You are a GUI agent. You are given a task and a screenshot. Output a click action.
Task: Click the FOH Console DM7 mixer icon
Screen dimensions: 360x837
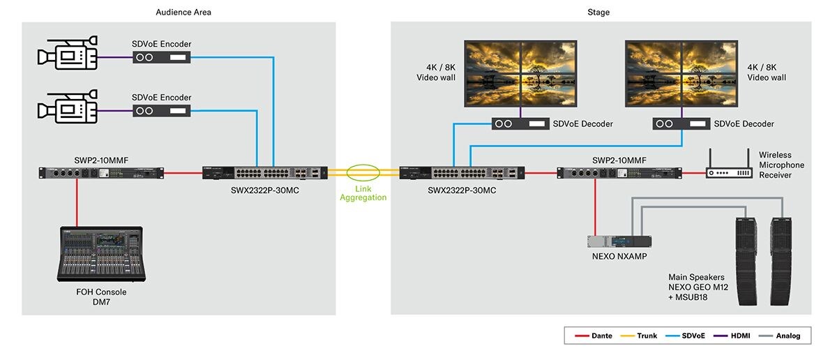(102, 254)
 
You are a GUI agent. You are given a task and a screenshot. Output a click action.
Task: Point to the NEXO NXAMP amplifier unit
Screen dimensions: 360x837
(619, 241)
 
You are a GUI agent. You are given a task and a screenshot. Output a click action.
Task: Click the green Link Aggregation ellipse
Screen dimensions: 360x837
(363, 173)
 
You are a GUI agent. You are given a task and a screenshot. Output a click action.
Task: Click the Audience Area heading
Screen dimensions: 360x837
(184, 12)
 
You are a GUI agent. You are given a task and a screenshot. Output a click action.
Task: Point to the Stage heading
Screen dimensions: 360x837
(598, 12)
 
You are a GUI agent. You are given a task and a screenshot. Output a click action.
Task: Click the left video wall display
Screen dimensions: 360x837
(521, 74)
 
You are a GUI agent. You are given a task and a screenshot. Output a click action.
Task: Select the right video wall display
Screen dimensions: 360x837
(681, 74)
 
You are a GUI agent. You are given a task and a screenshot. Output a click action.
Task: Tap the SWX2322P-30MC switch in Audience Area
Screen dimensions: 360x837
(264, 173)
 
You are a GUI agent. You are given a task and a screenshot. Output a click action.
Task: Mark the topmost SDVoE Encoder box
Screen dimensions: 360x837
(161, 57)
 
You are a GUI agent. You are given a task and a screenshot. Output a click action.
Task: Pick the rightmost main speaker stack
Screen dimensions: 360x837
(782, 262)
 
